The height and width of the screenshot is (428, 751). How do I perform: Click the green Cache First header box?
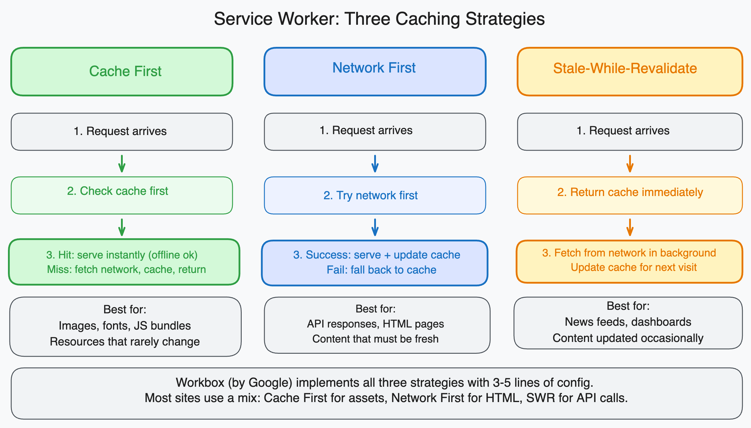click(x=122, y=72)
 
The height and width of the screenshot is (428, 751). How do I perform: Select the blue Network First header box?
click(x=375, y=72)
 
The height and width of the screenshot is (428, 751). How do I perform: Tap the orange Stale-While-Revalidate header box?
click(x=630, y=72)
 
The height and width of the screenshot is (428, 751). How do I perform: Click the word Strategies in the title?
click(x=505, y=19)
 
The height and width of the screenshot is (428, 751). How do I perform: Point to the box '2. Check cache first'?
click(x=122, y=195)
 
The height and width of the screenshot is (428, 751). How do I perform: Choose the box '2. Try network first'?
click(x=375, y=195)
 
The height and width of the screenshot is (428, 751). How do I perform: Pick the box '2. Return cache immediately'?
click(x=630, y=195)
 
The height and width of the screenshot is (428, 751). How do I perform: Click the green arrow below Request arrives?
click(x=122, y=164)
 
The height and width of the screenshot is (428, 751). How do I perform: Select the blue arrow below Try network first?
click(x=375, y=227)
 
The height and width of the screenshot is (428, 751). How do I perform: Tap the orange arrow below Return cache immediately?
click(x=630, y=227)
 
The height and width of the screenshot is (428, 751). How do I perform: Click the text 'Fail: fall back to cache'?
click(x=381, y=270)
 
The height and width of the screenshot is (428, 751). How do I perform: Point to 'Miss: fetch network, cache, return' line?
click(x=126, y=269)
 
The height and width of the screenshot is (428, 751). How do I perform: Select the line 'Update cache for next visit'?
click(x=634, y=267)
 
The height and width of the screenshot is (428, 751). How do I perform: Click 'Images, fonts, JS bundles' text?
click(x=125, y=326)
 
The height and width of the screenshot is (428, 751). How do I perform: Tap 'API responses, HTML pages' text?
click(x=375, y=324)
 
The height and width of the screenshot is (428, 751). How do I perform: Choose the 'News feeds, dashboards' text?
click(x=628, y=322)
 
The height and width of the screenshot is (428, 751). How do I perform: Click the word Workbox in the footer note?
click(x=200, y=383)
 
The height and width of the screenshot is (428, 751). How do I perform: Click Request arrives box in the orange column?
click(x=630, y=131)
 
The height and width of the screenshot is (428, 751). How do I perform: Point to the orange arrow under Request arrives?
click(x=630, y=164)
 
